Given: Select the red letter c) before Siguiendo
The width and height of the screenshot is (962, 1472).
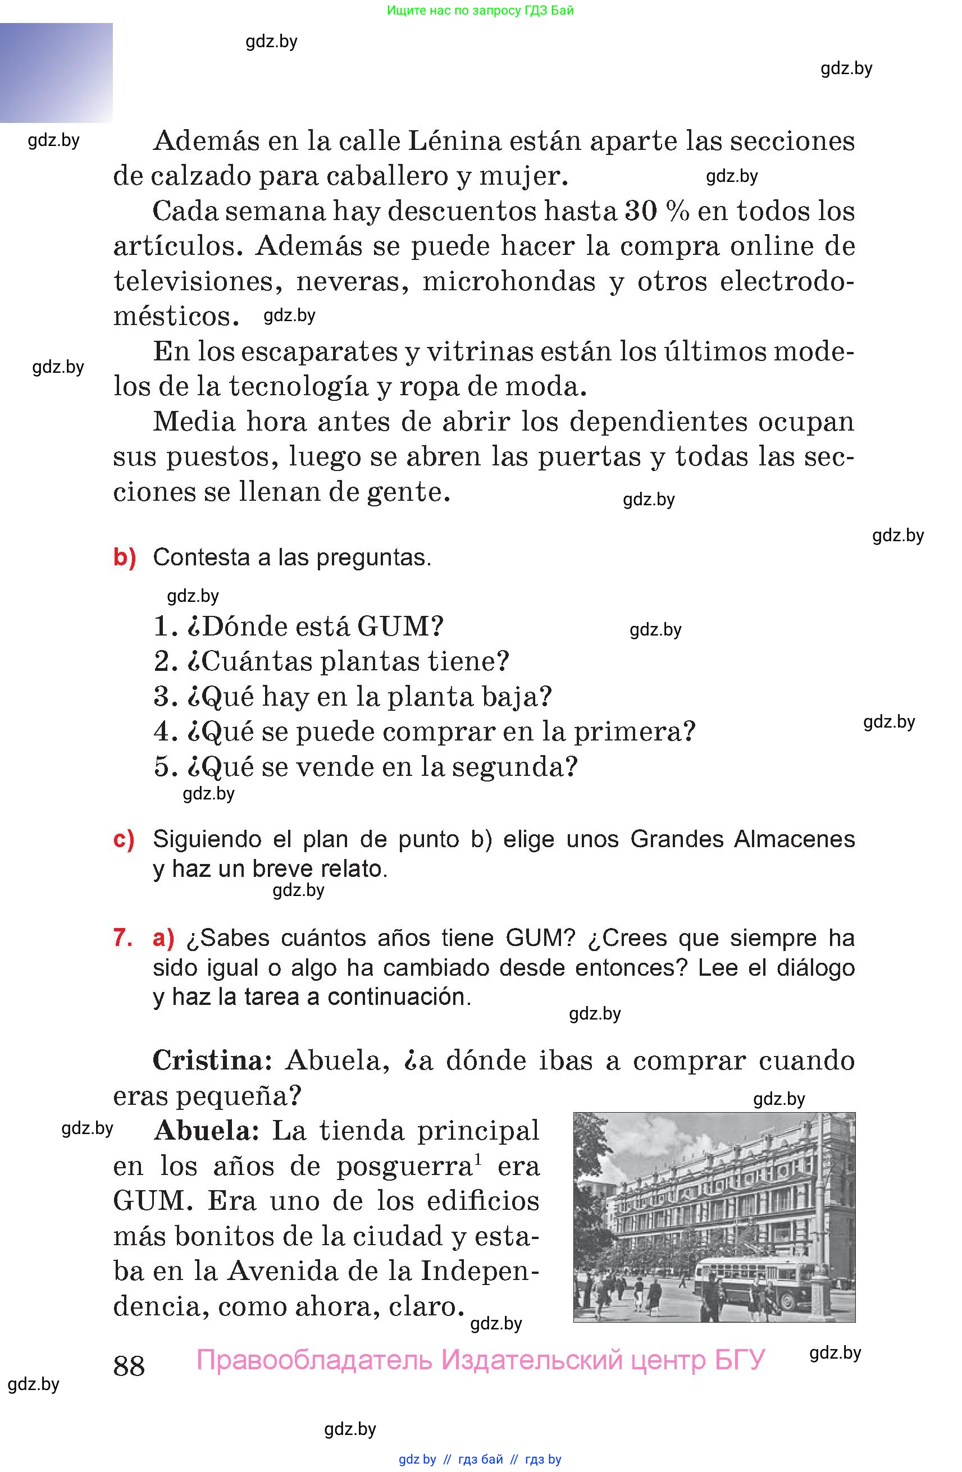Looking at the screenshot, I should point(124,839).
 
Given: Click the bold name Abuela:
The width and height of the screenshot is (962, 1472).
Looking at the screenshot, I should point(207,1131).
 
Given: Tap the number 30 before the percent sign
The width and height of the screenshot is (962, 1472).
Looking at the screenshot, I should point(640,212).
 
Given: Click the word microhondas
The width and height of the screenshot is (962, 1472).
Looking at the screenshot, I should point(509,281).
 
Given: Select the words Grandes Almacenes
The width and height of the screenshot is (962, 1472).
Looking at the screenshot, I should point(742,839).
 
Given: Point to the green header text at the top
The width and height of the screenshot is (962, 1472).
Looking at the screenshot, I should point(480,11).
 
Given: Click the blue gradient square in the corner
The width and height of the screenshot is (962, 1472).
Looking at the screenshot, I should point(56,72).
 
